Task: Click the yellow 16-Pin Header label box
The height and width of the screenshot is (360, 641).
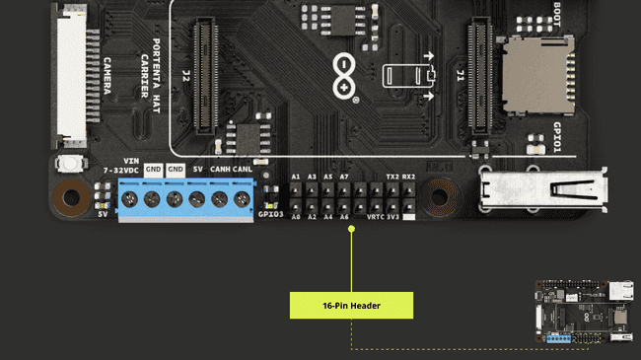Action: click(351, 305)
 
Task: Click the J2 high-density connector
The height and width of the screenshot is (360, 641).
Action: click(205, 77)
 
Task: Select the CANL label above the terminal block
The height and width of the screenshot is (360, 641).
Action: click(243, 169)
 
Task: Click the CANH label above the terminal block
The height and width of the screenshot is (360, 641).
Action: click(221, 169)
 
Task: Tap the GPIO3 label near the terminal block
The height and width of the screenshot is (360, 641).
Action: click(270, 214)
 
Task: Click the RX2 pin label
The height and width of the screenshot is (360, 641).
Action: click(408, 177)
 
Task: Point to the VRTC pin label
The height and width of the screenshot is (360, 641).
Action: click(375, 215)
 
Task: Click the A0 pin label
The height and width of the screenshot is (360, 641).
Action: click(295, 215)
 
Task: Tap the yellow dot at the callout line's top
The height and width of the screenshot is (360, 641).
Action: click(351, 229)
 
